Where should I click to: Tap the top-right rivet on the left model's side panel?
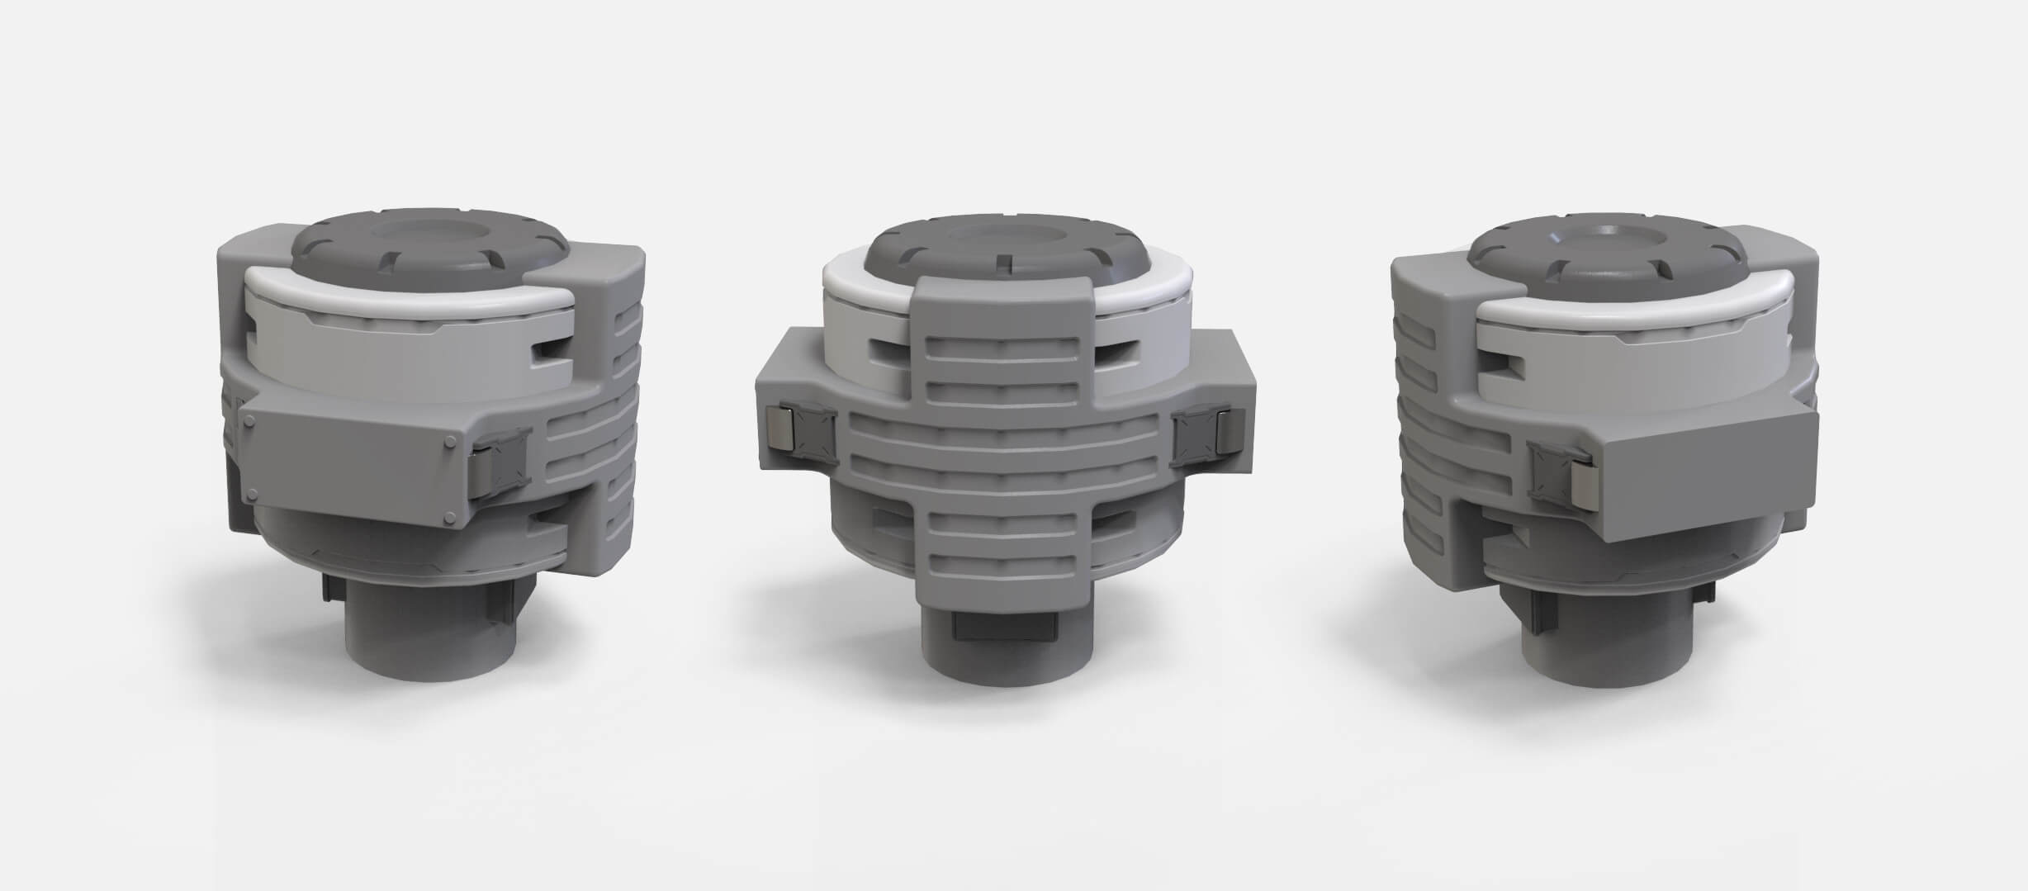tap(450, 441)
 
